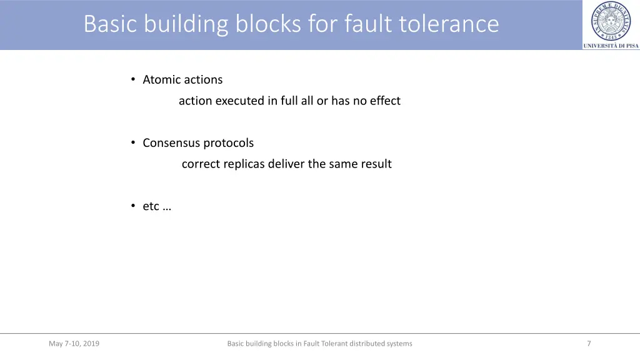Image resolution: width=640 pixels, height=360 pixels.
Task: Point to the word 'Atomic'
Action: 162,79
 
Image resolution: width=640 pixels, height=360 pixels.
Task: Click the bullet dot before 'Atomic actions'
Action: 133,79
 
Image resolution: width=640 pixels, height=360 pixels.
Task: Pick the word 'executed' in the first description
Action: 240,101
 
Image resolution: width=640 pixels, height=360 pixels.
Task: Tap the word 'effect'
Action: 385,101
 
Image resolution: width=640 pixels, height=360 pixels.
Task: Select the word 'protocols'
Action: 229,143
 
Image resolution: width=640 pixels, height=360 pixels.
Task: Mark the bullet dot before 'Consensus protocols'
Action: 133,142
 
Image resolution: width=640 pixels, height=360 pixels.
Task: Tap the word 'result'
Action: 376,164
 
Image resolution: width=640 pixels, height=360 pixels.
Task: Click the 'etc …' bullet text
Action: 157,206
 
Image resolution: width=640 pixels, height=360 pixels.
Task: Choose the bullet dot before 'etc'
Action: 133,206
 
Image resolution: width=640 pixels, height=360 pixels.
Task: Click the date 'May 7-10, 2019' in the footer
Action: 74,343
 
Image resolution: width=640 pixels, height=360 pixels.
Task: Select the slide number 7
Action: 589,343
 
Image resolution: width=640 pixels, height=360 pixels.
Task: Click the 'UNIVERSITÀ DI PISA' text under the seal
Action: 611,46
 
